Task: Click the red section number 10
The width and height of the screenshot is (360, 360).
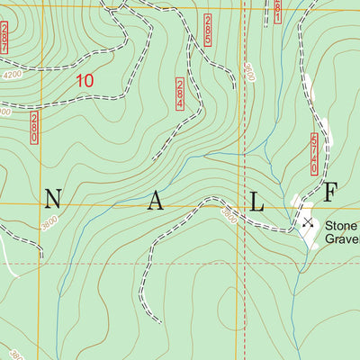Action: point(85,80)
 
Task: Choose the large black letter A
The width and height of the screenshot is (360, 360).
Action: point(155,204)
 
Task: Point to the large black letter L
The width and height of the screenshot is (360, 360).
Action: point(256,204)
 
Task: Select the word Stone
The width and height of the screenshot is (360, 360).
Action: point(341,226)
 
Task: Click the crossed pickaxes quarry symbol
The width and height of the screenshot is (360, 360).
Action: point(308,222)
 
